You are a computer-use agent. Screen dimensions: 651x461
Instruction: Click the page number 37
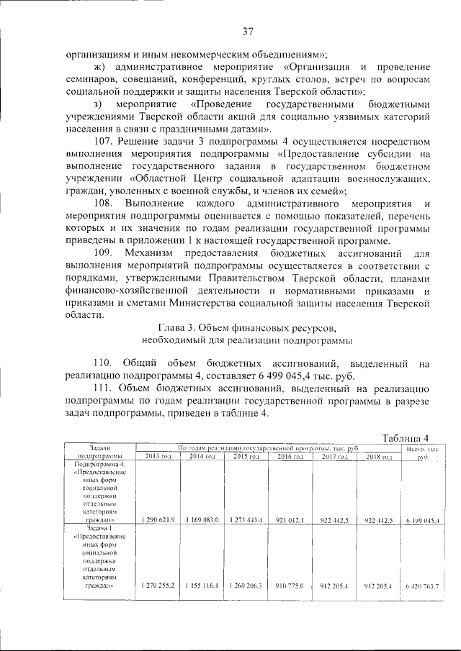coord(248,31)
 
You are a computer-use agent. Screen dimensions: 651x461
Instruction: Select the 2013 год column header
coord(158,457)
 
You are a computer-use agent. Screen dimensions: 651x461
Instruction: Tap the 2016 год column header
coord(290,457)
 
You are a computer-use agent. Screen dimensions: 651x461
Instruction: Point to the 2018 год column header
coord(378,457)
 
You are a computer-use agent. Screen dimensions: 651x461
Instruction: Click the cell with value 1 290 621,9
coord(158,519)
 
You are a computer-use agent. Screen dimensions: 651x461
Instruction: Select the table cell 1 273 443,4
coord(246,519)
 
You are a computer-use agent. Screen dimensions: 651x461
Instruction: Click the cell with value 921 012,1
coord(290,519)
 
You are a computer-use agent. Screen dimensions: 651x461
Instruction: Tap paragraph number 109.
coord(105,253)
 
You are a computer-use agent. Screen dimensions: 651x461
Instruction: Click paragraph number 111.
coord(105,389)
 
